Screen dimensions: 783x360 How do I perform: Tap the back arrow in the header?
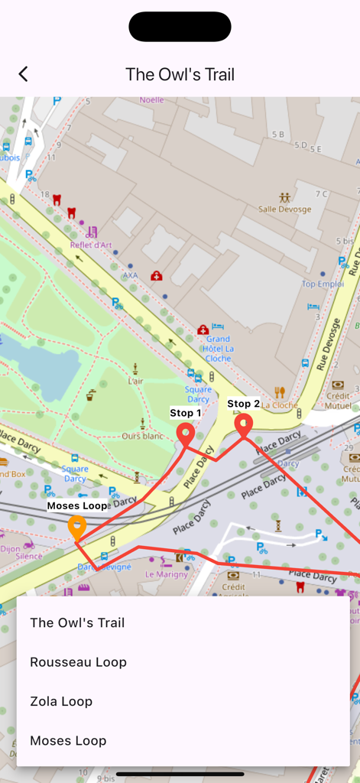tap(23, 74)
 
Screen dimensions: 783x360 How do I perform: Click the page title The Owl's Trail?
tap(180, 74)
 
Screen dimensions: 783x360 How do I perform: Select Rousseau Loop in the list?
tap(78, 662)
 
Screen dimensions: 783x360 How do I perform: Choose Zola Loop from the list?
tap(61, 701)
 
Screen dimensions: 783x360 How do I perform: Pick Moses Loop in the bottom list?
tap(68, 740)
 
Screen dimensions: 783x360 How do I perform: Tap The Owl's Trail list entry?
tap(77, 622)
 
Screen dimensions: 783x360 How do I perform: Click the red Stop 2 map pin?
tap(243, 425)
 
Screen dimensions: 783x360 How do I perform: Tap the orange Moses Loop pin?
tap(76, 527)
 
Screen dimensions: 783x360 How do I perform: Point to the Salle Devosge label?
tap(284, 209)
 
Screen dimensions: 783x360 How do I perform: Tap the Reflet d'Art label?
tap(91, 245)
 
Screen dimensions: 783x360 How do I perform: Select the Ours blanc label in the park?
tap(143, 436)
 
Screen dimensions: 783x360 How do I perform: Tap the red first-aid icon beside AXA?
tap(157, 276)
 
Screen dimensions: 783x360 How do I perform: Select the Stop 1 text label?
tap(186, 413)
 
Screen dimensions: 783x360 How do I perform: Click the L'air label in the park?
tap(135, 381)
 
